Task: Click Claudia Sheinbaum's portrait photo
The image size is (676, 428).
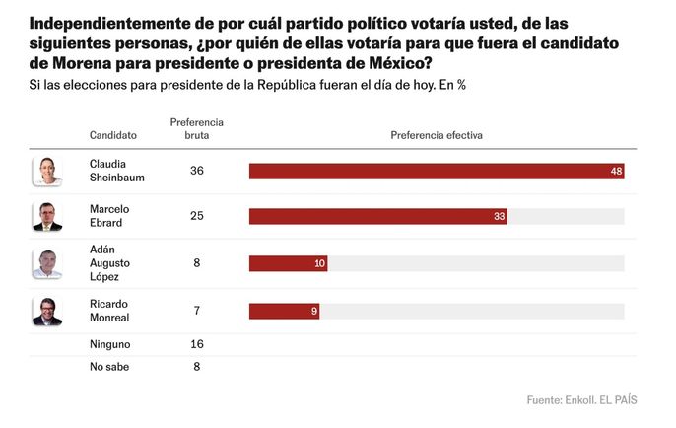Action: (47, 171)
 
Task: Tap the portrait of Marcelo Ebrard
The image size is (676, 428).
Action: (47, 216)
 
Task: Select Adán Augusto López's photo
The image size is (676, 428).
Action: (47, 263)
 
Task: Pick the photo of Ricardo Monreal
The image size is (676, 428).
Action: (47, 312)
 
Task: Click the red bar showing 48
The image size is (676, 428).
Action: (436, 171)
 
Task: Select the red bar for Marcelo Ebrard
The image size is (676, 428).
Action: (377, 216)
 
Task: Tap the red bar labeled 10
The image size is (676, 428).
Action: (288, 263)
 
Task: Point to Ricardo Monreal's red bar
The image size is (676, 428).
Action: (284, 312)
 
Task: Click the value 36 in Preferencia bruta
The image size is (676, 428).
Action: (196, 171)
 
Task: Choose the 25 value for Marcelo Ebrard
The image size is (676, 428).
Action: (196, 216)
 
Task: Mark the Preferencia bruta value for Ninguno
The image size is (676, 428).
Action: (196, 345)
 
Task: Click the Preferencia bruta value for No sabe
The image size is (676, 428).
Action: (196, 367)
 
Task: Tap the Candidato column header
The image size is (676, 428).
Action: (113, 135)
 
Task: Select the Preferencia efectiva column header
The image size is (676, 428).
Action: (436, 135)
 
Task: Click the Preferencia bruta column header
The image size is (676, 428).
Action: (196, 128)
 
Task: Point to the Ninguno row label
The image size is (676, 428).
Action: (110, 345)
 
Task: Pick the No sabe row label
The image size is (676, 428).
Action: (109, 367)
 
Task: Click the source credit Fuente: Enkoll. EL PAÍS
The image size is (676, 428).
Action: (581, 400)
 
